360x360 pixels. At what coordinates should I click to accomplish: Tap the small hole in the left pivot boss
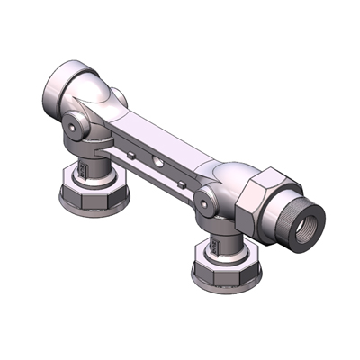pos(77,130)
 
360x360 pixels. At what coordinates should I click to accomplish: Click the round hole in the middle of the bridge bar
pos(159,163)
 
